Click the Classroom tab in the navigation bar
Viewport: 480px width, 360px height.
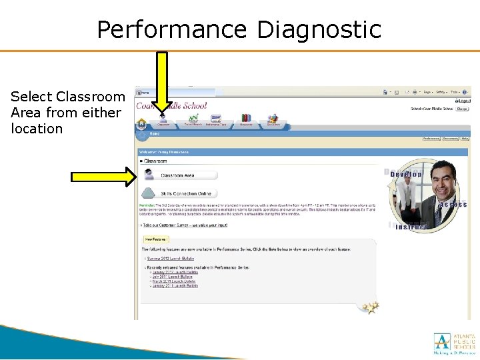(x=154, y=121)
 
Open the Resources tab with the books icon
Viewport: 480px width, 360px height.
(x=246, y=121)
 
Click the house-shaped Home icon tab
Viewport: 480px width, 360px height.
(x=141, y=123)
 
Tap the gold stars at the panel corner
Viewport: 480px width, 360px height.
(x=371, y=307)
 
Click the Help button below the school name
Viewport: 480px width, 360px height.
(x=465, y=139)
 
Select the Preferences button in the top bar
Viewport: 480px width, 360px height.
(x=432, y=139)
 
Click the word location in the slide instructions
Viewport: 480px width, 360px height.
(x=37, y=129)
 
